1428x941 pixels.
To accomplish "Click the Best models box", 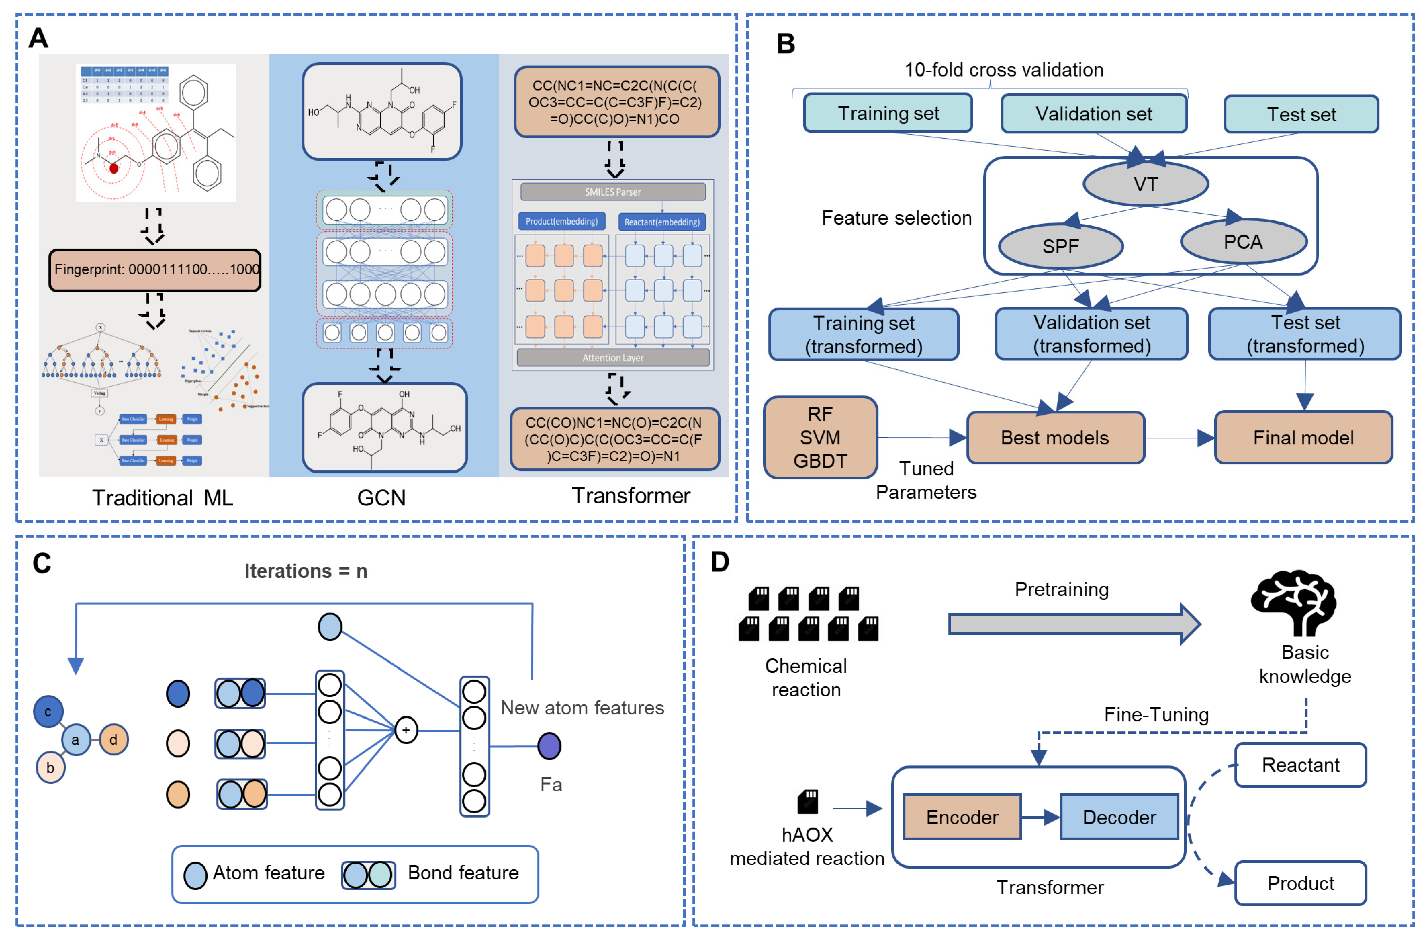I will tap(1055, 438).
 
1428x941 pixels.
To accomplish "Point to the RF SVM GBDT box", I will tap(820, 438).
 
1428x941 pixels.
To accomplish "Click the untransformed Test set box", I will tap(1301, 114).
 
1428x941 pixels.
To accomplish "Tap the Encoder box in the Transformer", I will tap(962, 817).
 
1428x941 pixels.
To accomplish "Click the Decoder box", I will tap(1119, 817).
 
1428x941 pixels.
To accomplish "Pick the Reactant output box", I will tap(1300, 764).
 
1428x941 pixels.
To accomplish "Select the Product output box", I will tap(1300, 883).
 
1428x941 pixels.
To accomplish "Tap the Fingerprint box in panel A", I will tap(155, 269).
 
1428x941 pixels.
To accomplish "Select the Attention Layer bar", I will tap(613, 358).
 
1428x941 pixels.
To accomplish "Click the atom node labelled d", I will tap(113, 739).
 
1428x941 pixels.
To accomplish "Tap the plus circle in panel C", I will tap(406, 730).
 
